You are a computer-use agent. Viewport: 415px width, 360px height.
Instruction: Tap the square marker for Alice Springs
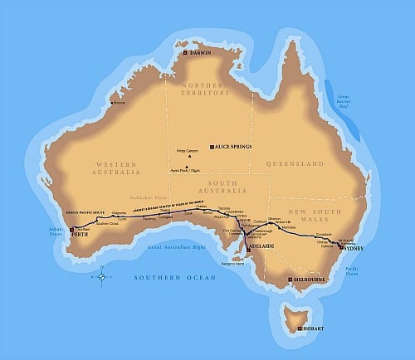[212, 146]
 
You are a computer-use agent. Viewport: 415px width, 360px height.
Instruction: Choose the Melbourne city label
[310, 280]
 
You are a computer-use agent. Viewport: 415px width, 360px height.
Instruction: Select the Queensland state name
[296, 164]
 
